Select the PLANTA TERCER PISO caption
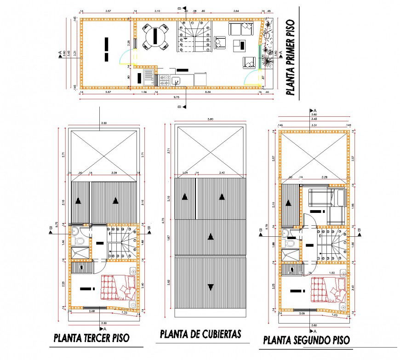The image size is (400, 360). coord(91,338)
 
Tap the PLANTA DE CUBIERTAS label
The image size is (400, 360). coord(200,334)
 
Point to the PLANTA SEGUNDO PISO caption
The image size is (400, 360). coord(306,340)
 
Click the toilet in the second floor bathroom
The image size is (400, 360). coord(289,243)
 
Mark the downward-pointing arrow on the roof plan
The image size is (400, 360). coord(211,287)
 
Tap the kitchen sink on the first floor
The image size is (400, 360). coord(176,81)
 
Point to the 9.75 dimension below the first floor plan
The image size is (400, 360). coord(176,98)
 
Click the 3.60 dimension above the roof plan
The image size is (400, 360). coord(211,120)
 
